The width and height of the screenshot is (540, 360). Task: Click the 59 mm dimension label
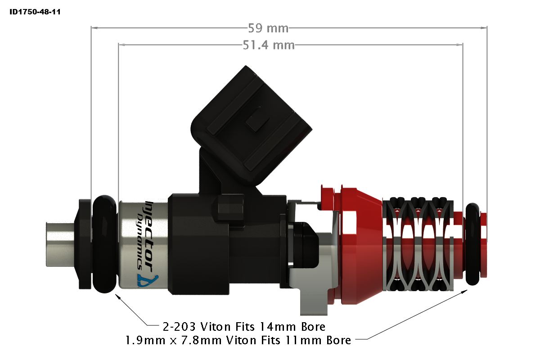click(268, 28)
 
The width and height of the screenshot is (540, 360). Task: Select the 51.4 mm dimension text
click(269, 45)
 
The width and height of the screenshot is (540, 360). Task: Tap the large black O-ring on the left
click(105, 243)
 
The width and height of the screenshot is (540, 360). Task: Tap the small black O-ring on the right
click(472, 244)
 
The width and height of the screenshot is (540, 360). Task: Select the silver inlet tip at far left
click(58, 243)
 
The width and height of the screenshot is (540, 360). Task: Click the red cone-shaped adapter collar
click(360, 245)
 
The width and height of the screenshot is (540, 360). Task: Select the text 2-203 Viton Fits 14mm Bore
click(243, 326)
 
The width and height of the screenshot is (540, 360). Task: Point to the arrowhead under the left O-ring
click(118, 297)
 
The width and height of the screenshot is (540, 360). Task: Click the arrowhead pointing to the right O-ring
click(463, 292)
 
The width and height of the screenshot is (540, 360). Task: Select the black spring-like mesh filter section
click(418, 243)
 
